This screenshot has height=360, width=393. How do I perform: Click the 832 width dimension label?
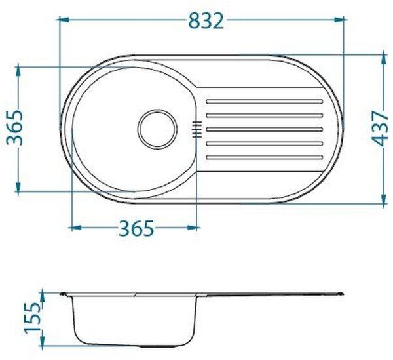(x=206, y=21)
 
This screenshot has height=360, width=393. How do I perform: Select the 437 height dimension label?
(x=380, y=129)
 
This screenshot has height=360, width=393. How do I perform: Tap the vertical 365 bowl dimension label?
(x=14, y=127)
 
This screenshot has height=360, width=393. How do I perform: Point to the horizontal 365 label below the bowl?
(x=136, y=228)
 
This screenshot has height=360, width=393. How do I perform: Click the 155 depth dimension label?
(x=33, y=317)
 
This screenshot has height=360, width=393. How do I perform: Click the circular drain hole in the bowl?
(x=157, y=129)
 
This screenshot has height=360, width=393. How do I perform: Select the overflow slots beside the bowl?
(x=196, y=129)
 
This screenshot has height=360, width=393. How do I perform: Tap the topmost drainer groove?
(x=264, y=102)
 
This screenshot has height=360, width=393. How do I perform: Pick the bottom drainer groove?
(x=264, y=157)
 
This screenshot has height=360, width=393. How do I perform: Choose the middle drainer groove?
(x=264, y=129)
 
